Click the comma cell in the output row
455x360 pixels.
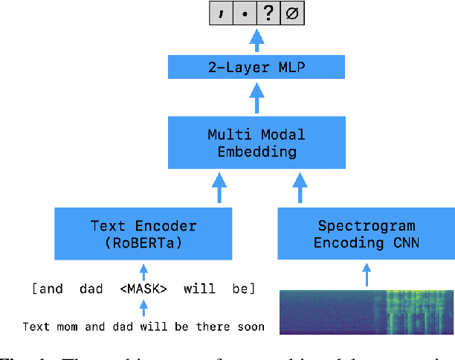click(x=222, y=13)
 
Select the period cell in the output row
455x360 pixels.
click(x=245, y=13)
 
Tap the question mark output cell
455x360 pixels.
click(x=268, y=13)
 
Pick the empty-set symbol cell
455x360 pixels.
click(x=291, y=13)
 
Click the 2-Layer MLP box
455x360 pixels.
click(x=256, y=68)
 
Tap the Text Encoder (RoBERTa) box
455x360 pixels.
click(x=144, y=234)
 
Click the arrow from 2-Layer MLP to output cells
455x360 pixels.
click(x=256, y=41)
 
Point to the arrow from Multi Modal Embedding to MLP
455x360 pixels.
click(x=256, y=98)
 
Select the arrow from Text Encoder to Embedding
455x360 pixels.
click(x=219, y=189)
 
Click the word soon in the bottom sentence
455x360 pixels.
click(x=249, y=327)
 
